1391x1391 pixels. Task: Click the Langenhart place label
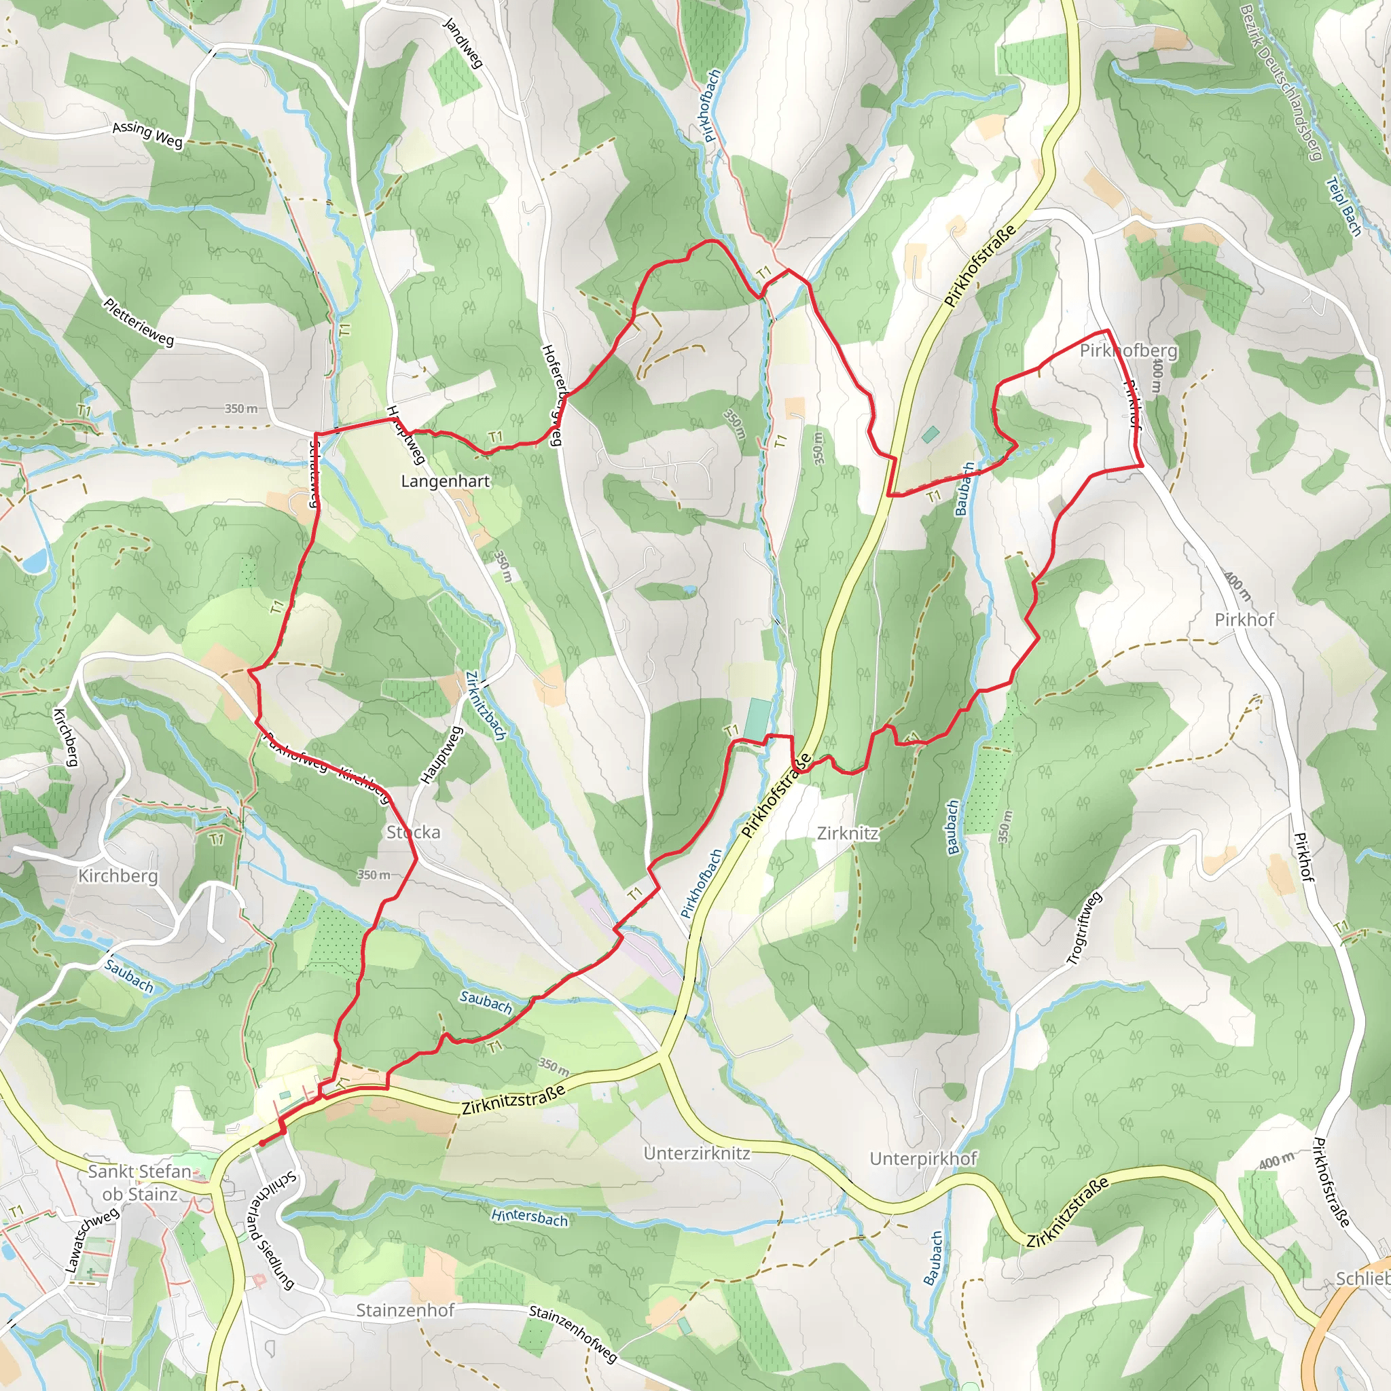[445, 481]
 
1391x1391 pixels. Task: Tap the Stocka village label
[413, 832]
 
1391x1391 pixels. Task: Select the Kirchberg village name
[118, 875]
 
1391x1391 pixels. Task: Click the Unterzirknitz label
[697, 1153]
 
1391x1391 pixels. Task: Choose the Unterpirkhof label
[923, 1159]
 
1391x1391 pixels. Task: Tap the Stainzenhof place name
[405, 1309]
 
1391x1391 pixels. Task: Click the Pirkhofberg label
[1129, 350]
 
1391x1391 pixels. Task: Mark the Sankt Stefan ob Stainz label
[140, 1182]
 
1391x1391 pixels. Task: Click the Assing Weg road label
[147, 134]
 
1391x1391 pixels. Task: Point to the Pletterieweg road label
[139, 322]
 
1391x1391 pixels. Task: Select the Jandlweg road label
[463, 43]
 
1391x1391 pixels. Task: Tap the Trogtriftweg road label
[1083, 928]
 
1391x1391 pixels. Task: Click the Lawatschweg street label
[92, 1240]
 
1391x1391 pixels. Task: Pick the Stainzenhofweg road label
[573, 1333]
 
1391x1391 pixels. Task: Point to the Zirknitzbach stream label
[486, 706]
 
